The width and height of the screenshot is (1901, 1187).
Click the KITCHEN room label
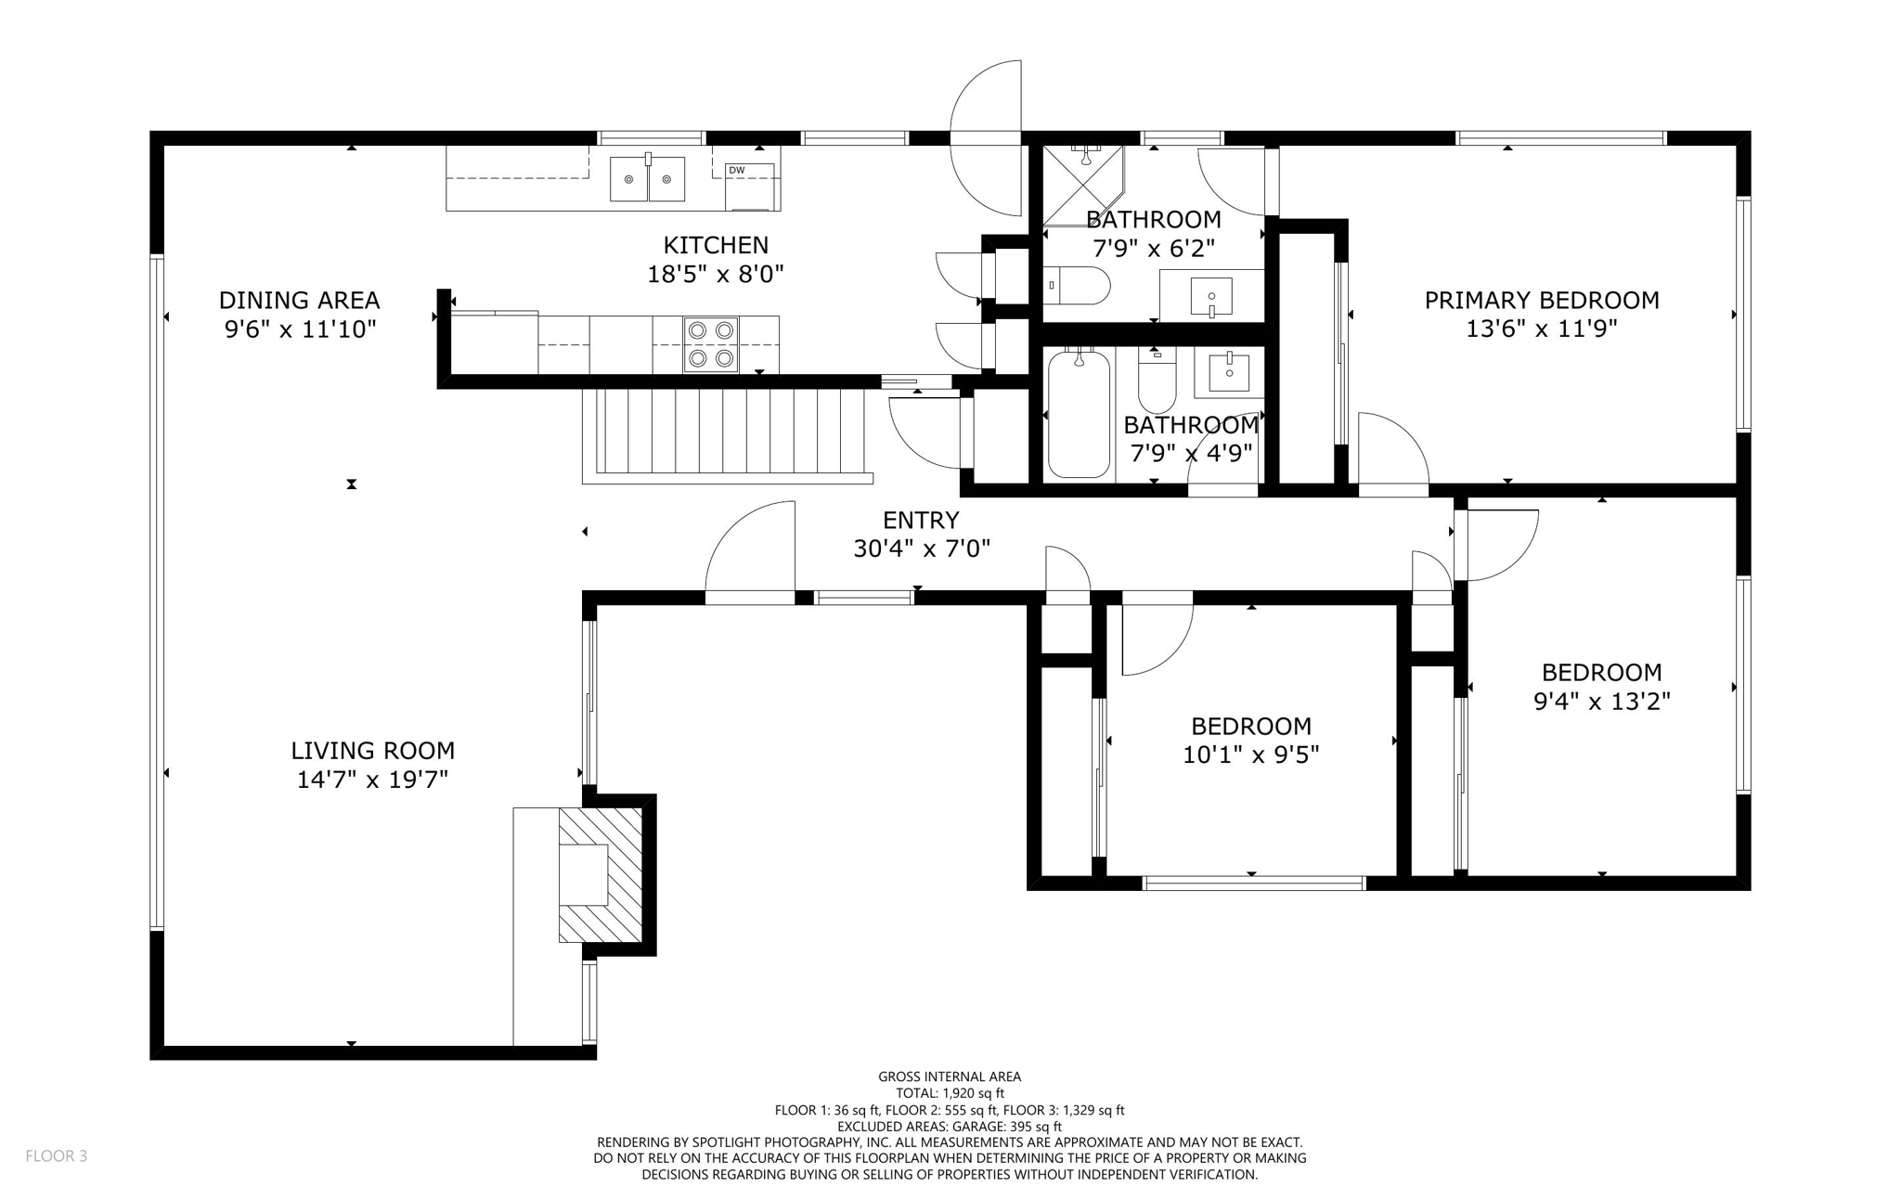coord(716,245)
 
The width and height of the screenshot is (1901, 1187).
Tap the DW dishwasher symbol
coord(749,186)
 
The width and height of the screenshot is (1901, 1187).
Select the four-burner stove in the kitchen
coord(711,344)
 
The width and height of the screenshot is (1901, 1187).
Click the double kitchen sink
coord(647,179)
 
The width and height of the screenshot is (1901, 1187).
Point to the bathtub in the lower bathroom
coord(1079,414)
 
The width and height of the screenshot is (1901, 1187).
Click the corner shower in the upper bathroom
coord(1080,184)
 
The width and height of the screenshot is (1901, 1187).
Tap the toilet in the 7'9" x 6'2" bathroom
coord(1078,286)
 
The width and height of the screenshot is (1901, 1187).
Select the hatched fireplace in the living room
coord(601,874)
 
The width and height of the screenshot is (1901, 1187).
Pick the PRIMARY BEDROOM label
coord(1541,300)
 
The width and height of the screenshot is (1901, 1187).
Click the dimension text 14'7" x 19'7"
coord(372,780)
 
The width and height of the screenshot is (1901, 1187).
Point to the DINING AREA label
coord(299,300)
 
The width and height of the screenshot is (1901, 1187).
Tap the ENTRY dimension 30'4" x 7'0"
coord(921,548)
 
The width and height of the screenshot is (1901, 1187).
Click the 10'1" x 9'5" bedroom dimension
coord(1250,755)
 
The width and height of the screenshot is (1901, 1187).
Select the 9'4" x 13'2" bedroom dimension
coord(1601,701)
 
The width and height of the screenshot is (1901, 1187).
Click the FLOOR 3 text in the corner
coord(56,1155)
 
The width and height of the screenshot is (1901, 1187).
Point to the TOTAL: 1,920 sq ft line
coord(950,1093)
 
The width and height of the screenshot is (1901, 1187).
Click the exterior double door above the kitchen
coord(986,138)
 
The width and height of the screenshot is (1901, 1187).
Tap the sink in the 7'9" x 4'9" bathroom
coord(1230,371)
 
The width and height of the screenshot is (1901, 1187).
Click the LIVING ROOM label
coord(372,750)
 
